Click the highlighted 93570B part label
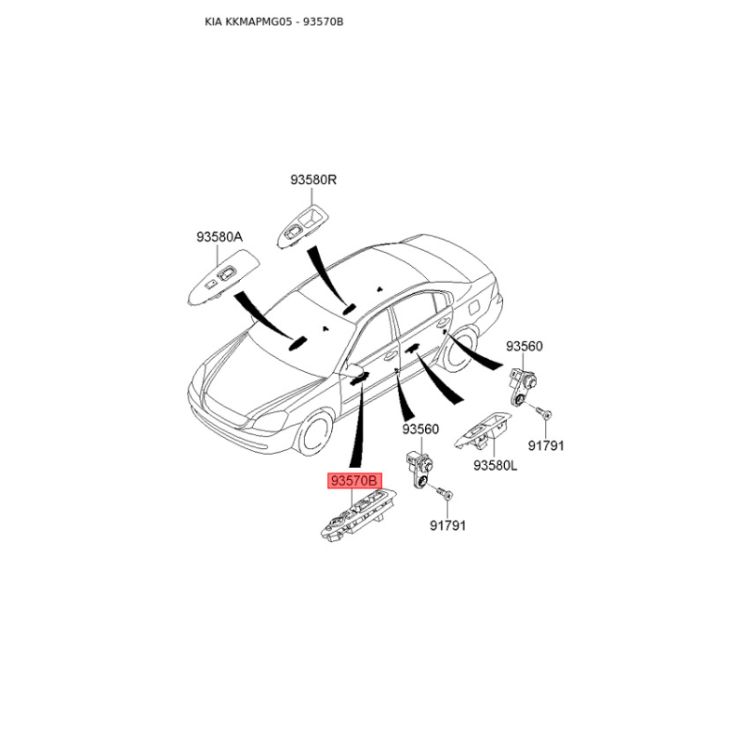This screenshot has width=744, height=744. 354,481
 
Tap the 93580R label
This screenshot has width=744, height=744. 313,179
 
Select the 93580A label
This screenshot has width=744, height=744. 219,237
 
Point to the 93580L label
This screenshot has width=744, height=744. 496,466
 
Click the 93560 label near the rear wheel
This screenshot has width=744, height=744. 524,346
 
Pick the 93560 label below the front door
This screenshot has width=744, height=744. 420,430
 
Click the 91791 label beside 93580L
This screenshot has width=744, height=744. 546,446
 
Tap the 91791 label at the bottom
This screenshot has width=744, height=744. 447,525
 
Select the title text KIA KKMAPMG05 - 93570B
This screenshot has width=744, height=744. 273,21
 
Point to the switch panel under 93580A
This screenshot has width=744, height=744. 224,276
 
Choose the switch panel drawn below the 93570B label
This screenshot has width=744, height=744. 358,515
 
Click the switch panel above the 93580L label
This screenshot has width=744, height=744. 483,431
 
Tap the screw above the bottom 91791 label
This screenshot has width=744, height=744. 445,494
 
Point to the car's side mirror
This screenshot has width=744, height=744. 352,368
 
